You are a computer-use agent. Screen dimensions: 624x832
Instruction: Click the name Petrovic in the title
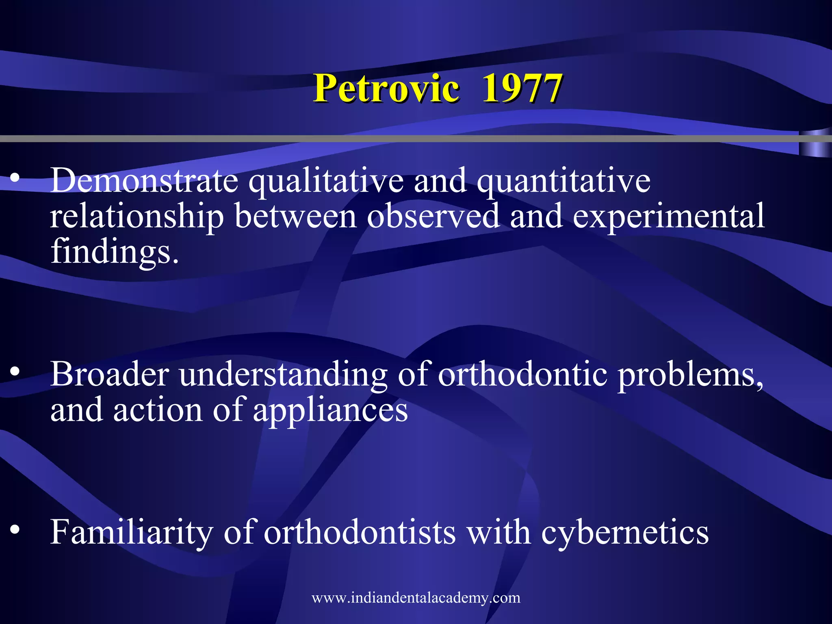(386, 89)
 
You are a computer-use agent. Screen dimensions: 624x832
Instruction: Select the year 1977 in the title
(522, 89)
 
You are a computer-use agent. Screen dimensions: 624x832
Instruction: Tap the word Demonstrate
(144, 181)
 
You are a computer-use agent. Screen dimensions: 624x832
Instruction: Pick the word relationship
(137, 217)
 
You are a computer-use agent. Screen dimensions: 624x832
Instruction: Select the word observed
(433, 216)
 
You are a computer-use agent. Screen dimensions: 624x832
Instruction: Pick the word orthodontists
(360, 532)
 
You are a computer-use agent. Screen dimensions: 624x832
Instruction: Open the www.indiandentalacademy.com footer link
(416, 598)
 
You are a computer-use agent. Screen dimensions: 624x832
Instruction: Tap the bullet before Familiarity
(15, 529)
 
